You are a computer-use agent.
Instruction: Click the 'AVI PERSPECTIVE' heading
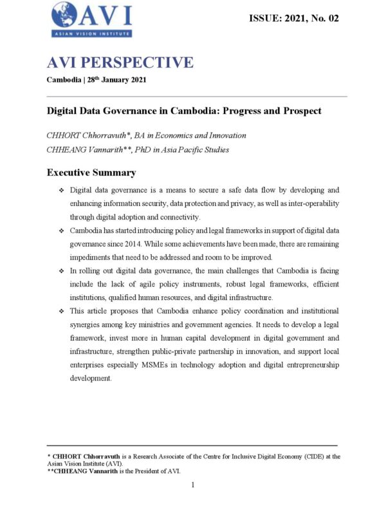pos(119,62)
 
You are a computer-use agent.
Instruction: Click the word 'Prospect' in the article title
pos(298,110)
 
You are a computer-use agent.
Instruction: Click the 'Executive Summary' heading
pos(91,173)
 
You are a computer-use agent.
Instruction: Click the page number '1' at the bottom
pos(192,485)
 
